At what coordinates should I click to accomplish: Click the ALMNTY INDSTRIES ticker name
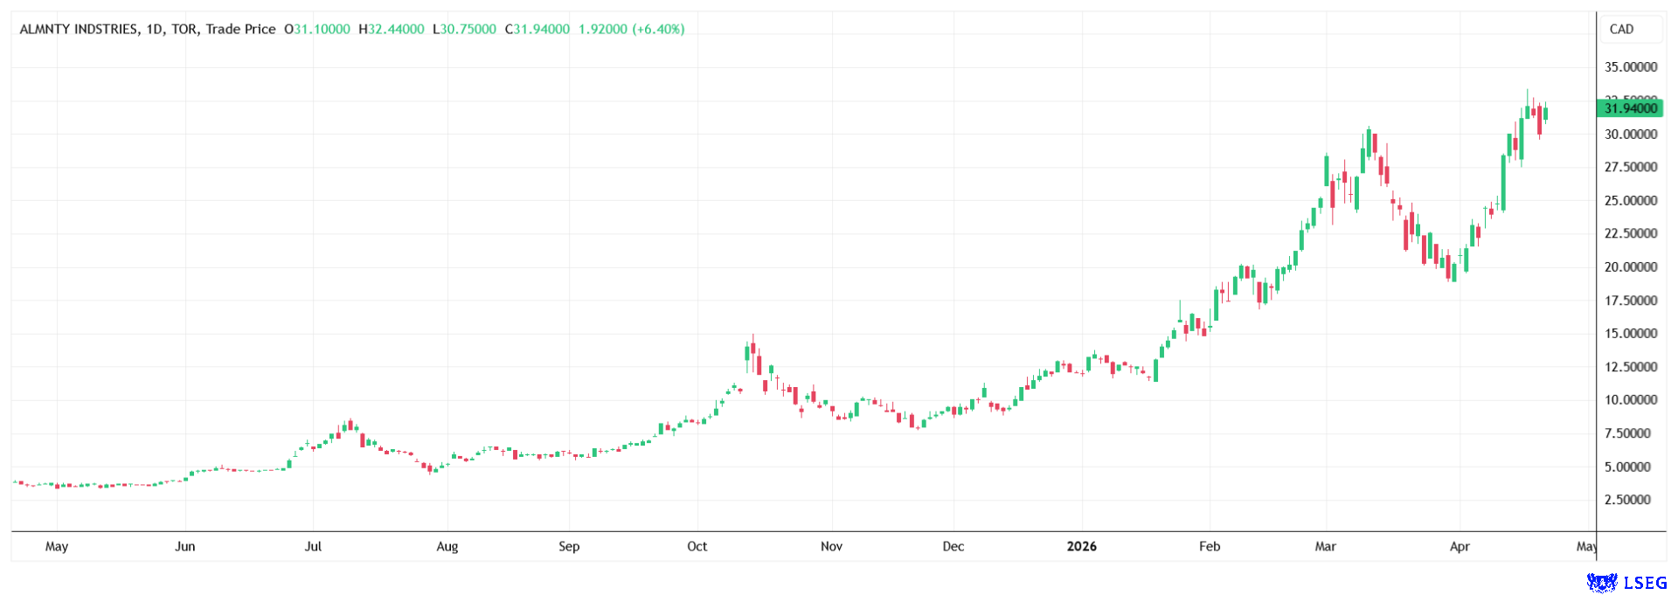79,29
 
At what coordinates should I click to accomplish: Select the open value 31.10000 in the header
322,29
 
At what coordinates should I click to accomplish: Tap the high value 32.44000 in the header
396,29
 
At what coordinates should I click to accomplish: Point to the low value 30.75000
468,29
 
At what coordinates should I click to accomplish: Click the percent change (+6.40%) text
659,29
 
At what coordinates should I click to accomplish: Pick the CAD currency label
1621,29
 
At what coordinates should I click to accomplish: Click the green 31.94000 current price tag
1630,108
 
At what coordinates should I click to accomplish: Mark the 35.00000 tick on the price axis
1631,67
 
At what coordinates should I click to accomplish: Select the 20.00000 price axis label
1631,267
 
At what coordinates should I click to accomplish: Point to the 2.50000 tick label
1631,500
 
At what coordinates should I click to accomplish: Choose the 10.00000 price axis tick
1631,400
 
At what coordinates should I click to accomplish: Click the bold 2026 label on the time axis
1081,547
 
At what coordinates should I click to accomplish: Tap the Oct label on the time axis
697,547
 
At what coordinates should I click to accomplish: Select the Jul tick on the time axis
313,547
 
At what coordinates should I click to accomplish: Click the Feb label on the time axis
1209,547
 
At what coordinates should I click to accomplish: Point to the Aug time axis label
447,547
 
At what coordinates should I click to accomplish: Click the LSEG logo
1626,582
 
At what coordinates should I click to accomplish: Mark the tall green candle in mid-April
1503,183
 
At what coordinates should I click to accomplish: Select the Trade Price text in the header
241,29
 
